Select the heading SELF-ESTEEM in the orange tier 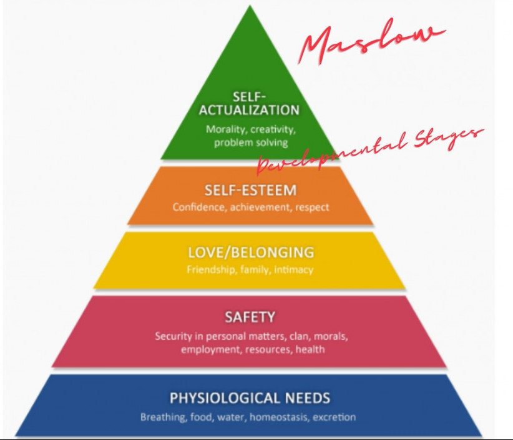click(x=250, y=190)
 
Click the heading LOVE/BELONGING click(x=250, y=253)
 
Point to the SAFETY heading click(x=250, y=317)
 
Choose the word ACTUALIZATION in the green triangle click(x=250, y=111)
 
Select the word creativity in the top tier click(x=272, y=130)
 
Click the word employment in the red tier click(x=207, y=349)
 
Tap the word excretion click(x=335, y=417)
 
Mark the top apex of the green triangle click(x=250, y=7)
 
